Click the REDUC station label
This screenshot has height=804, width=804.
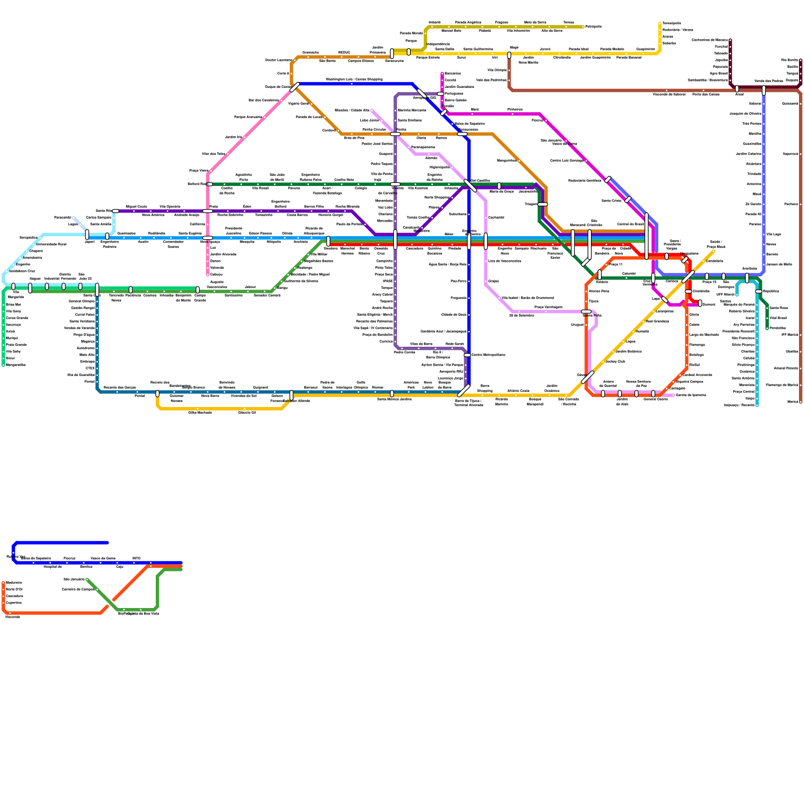tap(344, 52)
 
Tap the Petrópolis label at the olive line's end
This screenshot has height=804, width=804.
tap(593, 27)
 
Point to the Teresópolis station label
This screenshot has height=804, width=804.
tap(672, 23)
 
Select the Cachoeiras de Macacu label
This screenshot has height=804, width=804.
tap(709, 40)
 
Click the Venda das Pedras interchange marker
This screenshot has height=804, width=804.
tap(764, 90)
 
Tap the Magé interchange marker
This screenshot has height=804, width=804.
tap(509, 55)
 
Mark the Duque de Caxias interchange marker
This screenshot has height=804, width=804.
tap(294, 87)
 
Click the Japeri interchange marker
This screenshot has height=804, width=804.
tap(87, 235)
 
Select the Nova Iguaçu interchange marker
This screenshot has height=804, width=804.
tap(208, 238)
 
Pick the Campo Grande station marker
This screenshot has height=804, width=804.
tap(197, 290)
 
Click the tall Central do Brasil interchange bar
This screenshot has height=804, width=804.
tap(646, 236)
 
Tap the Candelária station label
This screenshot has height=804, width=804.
tap(714, 261)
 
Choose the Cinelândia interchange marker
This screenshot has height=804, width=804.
tap(688, 291)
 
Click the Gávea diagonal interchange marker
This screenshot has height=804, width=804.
tap(587, 377)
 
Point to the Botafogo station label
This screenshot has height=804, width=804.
tap(696, 355)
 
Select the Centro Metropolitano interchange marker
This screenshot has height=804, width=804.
tap(467, 355)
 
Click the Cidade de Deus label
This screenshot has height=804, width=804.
tap(454, 315)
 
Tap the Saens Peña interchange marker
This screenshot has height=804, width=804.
tap(586, 312)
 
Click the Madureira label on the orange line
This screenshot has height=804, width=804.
tap(14, 582)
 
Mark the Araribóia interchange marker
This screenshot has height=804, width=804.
tap(747, 278)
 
